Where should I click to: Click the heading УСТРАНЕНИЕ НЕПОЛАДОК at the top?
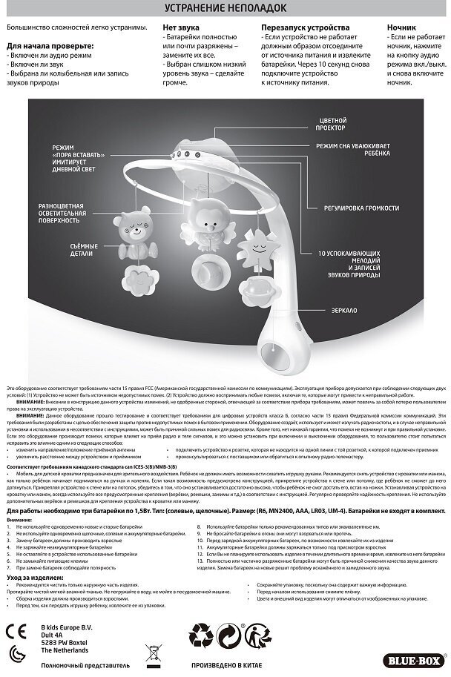tap(225, 10)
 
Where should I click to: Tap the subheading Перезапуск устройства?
tap(296, 27)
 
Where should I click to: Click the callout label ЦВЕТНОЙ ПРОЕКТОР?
tap(332, 124)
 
